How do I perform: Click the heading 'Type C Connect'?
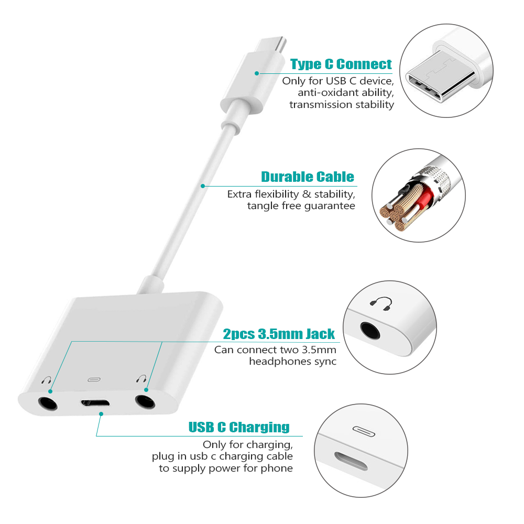click(x=341, y=64)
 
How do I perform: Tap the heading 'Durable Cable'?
click(x=308, y=177)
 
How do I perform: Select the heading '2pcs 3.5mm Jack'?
click(x=279, y=334)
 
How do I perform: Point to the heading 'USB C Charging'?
click(x=239, y=427)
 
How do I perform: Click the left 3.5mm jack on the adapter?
click(x=48, y=403)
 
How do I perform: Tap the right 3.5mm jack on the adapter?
click(x=145, y=402)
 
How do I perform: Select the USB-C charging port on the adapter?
click(x=95, y=402)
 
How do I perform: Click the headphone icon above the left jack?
click(x=47, y=380)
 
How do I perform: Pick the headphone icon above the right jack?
click(x=141, y=379)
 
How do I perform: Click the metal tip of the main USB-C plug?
click(x=271, y=44)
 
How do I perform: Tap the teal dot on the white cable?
click(x=203, y=186)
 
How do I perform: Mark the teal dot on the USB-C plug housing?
click(x=257, y=73)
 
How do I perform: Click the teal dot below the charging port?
click(x=101, y=414)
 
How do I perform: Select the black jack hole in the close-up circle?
click(x=370, y=331)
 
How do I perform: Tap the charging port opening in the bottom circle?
click(x=351, y=462)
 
